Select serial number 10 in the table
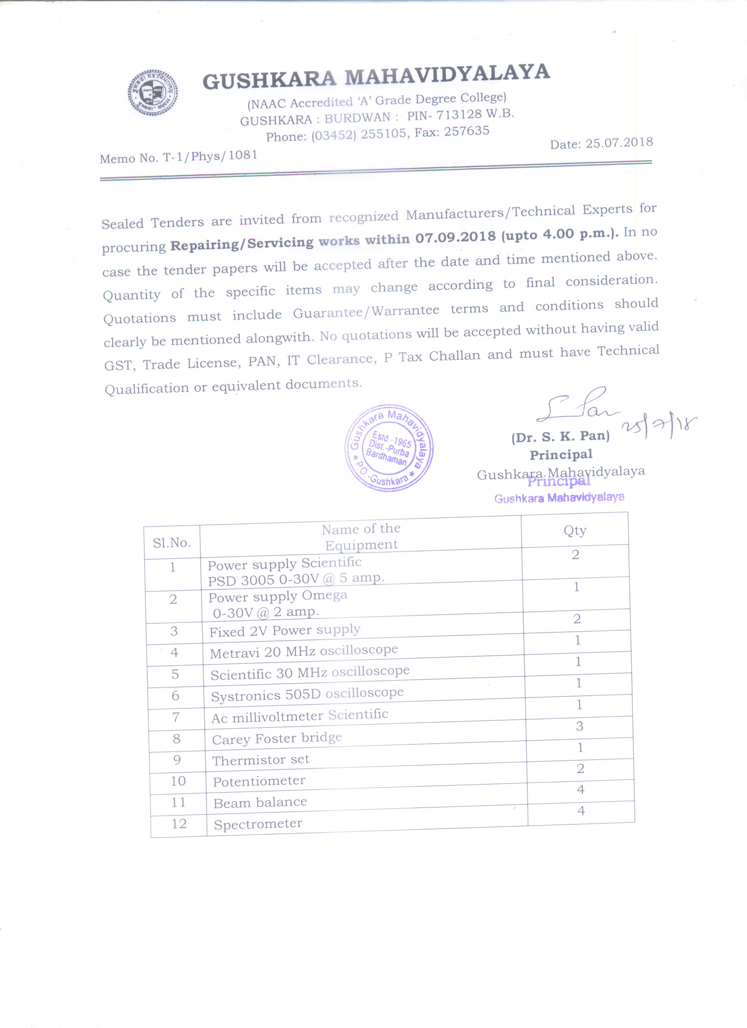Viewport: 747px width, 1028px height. coord(178,781)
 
